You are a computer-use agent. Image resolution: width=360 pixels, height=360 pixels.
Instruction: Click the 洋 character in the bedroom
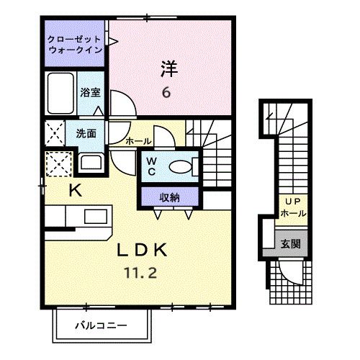pyautogui.click(x=168, y=70)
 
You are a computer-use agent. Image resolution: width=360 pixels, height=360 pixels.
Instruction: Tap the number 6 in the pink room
pyautogui.click(x=166, y=92)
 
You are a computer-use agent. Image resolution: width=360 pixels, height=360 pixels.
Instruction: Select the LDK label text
pyautogui.click(x=144, y=251)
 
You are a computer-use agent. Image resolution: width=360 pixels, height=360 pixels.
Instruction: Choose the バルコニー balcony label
pyautogui.click(x=102, y=325)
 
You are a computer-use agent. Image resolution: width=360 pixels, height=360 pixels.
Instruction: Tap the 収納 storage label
pyautogui.click(x=169, y=196)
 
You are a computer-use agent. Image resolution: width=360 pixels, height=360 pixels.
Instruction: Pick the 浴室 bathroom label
pyautogui.click(x=89, y=92)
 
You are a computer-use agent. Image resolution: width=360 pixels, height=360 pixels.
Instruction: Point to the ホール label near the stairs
pyautogui.click(x=138, y=142)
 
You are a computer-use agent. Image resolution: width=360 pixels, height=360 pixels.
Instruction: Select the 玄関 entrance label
pyautogui.click(x=291, y=244)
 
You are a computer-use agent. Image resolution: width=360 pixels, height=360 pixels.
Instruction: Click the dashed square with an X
pyautogui.click(x=57, y=164)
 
